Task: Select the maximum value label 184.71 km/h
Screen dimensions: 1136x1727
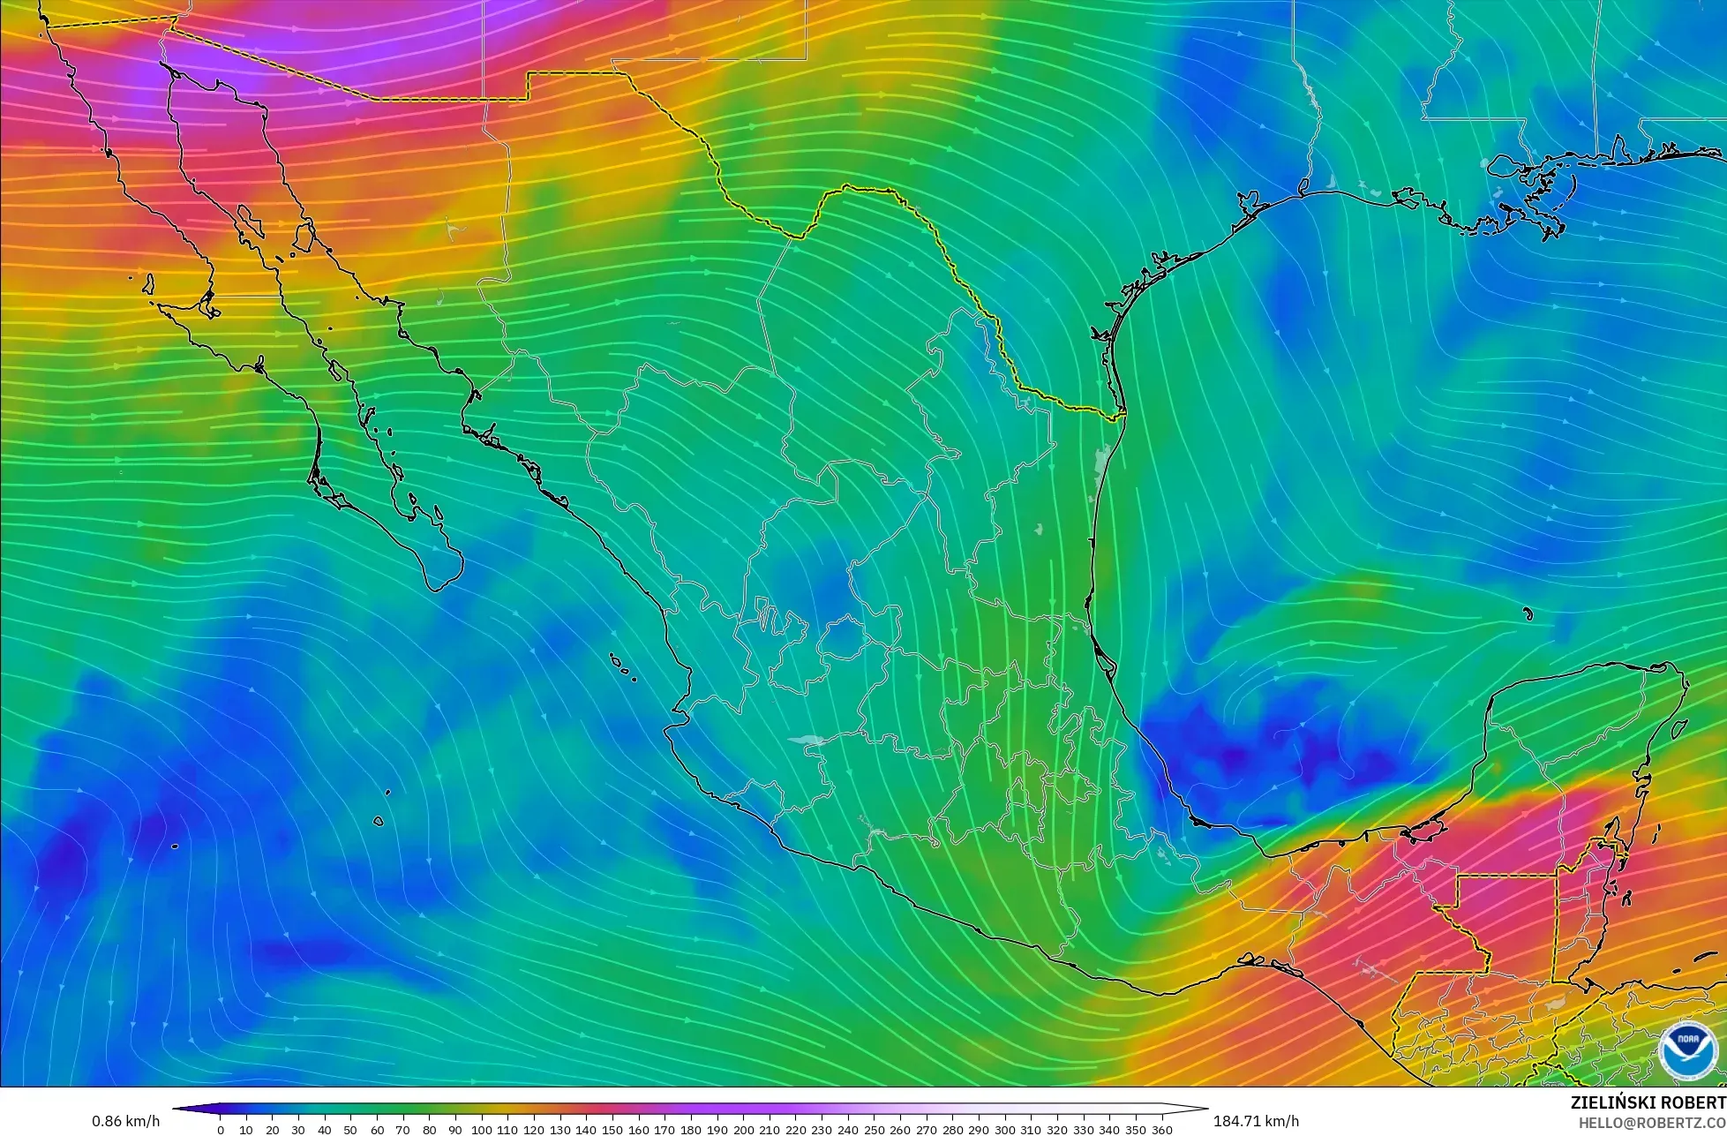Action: [1256, 1121]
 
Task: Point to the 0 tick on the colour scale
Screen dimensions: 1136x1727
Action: [220, 1130]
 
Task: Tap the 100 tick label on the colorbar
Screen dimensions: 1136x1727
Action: [481, 1130]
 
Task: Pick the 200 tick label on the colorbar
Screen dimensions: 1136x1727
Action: [743, 1130]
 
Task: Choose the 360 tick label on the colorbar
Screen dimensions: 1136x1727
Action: [1162, 1130]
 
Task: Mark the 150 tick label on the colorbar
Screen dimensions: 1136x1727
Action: [612, 1130]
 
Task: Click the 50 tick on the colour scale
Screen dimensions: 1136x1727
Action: [350, 1130]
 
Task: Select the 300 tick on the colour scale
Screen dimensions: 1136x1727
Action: [1005, 1130]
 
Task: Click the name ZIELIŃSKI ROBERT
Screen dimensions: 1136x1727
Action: [1648, 1102]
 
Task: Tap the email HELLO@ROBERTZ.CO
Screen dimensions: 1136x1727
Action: [1652, 1122]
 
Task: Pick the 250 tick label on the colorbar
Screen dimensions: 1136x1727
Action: [874, 1130]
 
